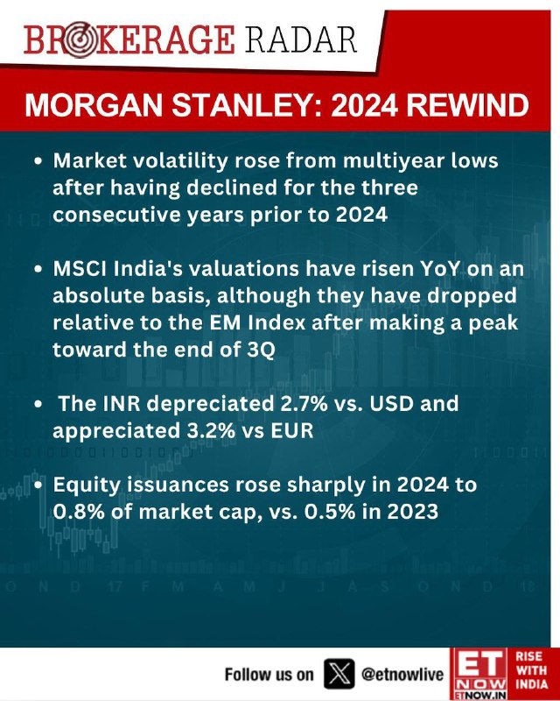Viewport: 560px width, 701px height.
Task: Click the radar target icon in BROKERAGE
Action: point(79,41)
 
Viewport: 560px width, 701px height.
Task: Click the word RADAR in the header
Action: point(300,39)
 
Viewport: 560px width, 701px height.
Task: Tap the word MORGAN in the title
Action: point(94,105)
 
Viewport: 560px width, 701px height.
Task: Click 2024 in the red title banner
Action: point(363,105)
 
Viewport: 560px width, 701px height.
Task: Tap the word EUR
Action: point(294,430)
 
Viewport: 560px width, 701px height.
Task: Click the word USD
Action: point(391,403)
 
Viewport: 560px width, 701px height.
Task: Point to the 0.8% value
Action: point(79,512)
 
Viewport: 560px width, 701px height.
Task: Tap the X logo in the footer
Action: point(339,674)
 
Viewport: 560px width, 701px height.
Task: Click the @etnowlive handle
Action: point(402,674)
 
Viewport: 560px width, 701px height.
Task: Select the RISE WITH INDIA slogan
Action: point(531,670)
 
